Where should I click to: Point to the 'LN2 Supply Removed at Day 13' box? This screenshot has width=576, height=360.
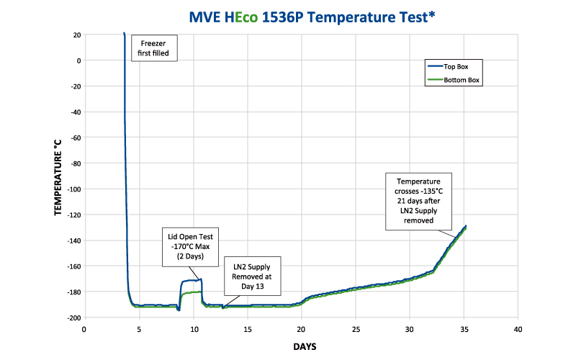click(x=251, y=276)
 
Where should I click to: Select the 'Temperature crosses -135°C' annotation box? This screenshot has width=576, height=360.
click(x=418, y=200)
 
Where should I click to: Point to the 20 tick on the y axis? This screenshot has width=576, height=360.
click(x=75, y=35)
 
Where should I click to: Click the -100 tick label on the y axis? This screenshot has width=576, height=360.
click(x=72, y=189)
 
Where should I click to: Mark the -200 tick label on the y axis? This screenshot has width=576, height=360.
click(x=72, y=318)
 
